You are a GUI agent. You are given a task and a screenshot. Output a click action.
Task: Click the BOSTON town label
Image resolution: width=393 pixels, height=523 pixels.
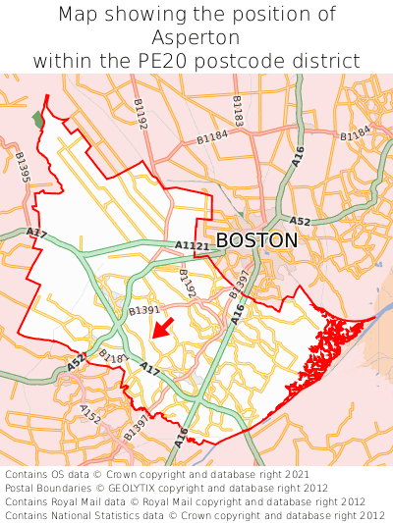255,240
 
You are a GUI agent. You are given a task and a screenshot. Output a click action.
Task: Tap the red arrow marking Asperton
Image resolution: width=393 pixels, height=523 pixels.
163,328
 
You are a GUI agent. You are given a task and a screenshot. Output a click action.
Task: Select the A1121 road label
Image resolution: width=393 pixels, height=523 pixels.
192,245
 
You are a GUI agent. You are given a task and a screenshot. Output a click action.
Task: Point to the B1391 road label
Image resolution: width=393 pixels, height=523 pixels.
144,310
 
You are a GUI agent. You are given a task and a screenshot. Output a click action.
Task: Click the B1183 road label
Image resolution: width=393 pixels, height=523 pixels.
238,111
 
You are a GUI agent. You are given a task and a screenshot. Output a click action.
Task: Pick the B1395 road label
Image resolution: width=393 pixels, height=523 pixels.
22,167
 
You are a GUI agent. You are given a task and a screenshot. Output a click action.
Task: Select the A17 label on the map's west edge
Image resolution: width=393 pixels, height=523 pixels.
37,234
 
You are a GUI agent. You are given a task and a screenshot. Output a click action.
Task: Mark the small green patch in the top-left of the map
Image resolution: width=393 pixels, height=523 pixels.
38,119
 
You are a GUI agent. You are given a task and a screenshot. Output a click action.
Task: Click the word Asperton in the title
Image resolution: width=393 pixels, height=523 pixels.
196,37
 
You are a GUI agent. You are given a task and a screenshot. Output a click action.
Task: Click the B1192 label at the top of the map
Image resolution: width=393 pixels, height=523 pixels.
138,115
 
